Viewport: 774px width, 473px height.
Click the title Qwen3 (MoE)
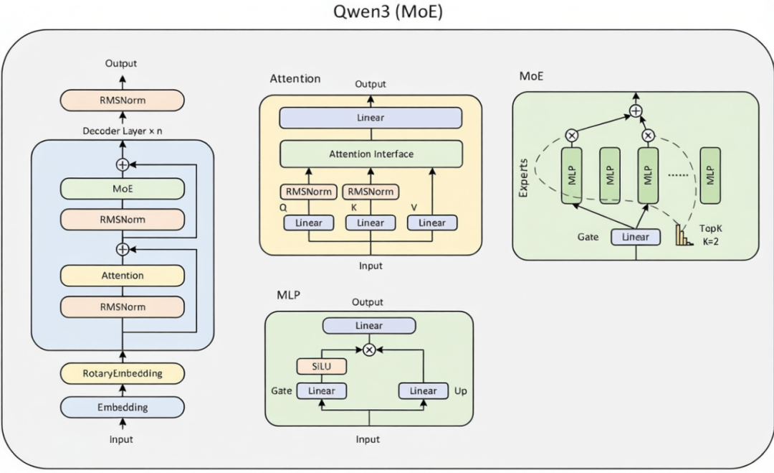[x=388, y=11]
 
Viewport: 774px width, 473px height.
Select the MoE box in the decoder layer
[x=123, y=189]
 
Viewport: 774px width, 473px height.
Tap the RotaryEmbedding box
[x=123, y=373]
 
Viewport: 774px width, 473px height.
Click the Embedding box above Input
[x=123, y=407]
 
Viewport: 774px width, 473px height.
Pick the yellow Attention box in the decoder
[x=123, y=276]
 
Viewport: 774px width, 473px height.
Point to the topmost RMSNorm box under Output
[x=123, y=100]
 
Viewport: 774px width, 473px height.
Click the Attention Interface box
[x=371, y=154]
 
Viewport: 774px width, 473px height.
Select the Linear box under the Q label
[x=308, y=223]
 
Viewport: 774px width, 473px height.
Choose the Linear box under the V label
[x=432, y=223]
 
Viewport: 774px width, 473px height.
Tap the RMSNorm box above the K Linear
[x=371, y=192]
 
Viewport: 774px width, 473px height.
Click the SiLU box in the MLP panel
[x=321, y=366]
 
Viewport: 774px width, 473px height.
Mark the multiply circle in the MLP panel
[x=369, y=350]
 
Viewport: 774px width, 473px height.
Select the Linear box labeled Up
[x=423, y=391]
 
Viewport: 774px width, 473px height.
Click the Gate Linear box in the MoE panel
[x=636, y=237]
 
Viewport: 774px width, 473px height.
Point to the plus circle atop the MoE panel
[x=636, y=111]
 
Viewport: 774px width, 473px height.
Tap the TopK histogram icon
[x=684, y=235]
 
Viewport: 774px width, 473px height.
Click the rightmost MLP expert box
[x=710, y=175]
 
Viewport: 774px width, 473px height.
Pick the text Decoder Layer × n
[x=123, y=131]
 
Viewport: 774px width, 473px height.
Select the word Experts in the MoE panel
[x=523, y=178]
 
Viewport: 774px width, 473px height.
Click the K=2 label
[x=711, y=242]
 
